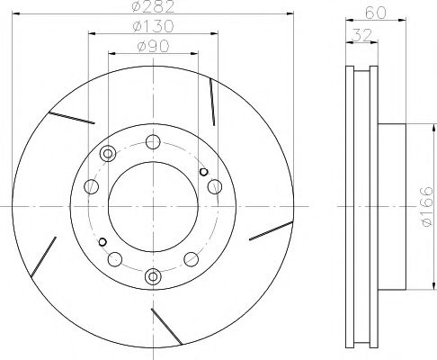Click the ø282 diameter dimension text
[x=153, y=7]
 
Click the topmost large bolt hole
[x=153, y=141]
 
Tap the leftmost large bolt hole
[x=91, y=187]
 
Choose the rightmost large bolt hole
[x=214, y=186]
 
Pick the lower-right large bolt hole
[x=191, y=259]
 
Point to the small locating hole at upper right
[x=203, y=172]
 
